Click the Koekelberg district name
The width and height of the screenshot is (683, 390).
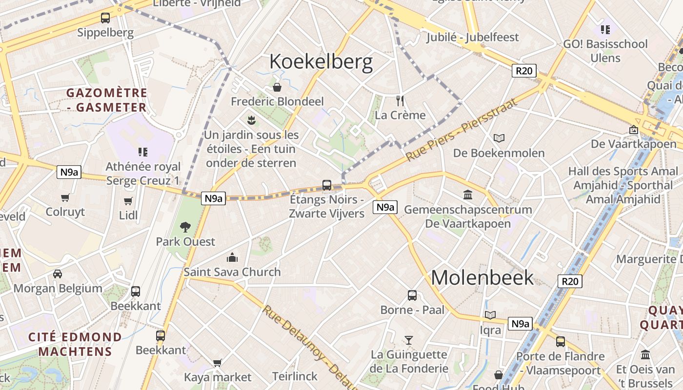(321, 62)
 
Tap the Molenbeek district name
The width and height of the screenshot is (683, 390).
(482, 277)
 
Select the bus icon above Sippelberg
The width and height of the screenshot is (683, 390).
(105, 18)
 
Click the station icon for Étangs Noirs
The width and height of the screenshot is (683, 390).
(327, 185)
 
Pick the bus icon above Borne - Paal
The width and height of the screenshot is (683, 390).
(412, 295)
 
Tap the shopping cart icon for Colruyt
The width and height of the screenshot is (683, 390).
(65, 198)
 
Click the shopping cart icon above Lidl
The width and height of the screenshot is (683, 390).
(128, 201)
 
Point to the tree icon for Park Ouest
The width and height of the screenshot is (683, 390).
(185, 227)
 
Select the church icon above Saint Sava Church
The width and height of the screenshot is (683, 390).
(232, 257)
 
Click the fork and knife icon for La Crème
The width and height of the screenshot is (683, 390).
(401, 101)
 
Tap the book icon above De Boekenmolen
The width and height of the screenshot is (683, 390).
(499, 138)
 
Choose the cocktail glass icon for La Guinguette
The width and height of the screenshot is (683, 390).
(409, 340)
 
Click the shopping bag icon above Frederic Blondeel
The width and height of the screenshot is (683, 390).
(277, 87)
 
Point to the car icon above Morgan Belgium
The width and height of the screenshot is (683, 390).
(58, 274)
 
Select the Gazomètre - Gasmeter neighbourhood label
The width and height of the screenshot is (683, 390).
(107, 100)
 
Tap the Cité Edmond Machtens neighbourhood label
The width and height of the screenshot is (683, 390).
(75, 344)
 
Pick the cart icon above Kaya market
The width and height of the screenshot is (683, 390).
(218, 363)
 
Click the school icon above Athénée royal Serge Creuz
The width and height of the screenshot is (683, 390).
(142, 152)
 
